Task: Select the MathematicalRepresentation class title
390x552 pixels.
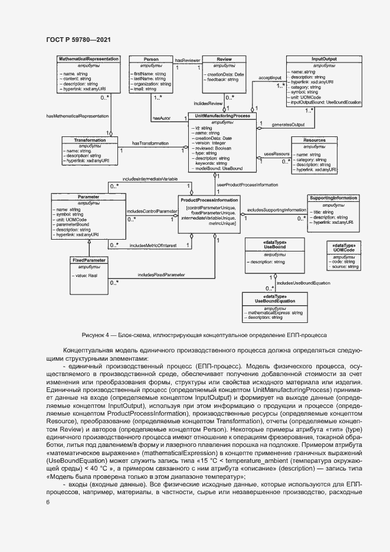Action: point(89,59)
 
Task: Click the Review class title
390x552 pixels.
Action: point(224,59)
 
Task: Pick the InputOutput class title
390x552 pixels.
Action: point(324,59)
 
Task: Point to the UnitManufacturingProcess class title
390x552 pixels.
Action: point(222,116)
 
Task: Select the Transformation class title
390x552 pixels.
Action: point(90,140)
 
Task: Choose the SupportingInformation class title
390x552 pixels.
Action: point(333,198)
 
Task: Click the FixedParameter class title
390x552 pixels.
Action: point(89,259)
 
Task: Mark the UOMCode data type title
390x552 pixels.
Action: point(344,248)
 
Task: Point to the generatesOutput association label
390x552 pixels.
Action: point(288,125)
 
